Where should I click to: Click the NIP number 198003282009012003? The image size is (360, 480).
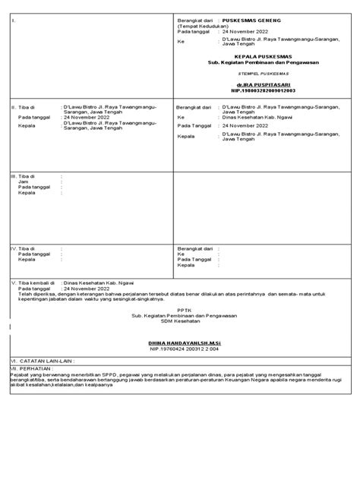pyautogui.click(x=257, y=90)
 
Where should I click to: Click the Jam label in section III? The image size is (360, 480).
pyautogui.click(x=23, y=181)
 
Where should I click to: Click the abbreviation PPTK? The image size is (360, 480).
pyautogui.click(x=181, y=309)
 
